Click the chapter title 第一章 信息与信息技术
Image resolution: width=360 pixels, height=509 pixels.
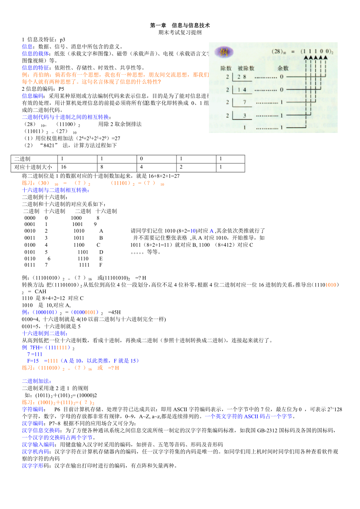tap(180, 25)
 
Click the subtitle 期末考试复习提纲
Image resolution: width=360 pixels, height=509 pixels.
tap(180, 33)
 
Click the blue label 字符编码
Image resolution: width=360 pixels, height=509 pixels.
tap(32, 409)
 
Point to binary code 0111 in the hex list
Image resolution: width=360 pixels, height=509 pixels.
tap(30, 265)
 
